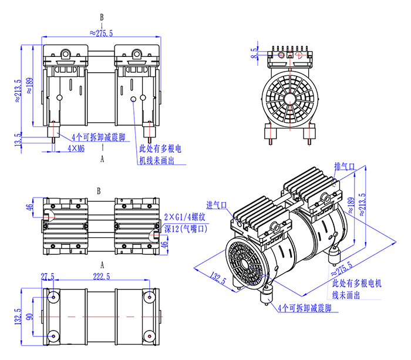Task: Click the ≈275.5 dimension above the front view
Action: [x=102, y=33]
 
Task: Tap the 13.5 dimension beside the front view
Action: [x=18, y=139]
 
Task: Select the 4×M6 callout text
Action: [x=76, y=149]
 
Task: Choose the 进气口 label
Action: [x=217, y=205]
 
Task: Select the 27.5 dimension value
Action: [x=48, y=276]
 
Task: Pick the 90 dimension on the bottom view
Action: [x=29, y=317]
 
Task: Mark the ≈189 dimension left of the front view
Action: [x=29, y=89]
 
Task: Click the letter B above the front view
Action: [x=102, y=17]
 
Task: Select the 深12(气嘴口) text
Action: [x=184, y=228]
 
